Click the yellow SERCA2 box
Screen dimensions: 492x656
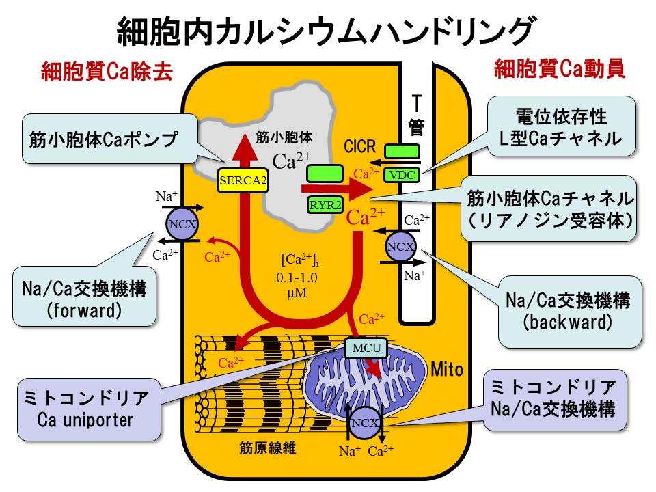pyautogui.click(x=242, y=180)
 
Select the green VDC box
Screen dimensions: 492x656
pyautogui.click(x=401, y=174)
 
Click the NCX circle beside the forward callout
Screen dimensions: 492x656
pyautogui.click(x=183, y=223)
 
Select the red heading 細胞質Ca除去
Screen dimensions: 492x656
pyautogui.click(x=106, y=70)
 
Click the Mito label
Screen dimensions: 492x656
pyautogui.click(x=447, y=370)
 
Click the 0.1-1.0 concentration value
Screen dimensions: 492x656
pyautogui.click(x=298, y=278)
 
